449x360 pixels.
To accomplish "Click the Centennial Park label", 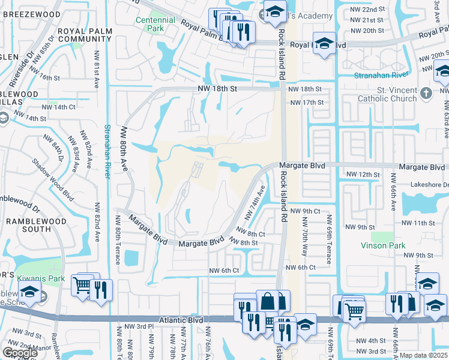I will tap(155, 24).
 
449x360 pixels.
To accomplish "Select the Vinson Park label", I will tap(383, 245).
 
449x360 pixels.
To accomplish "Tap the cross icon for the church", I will tap(426, 94).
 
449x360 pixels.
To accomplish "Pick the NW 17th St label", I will tap(306, 103).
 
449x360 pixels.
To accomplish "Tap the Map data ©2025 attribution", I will tap(423, 355).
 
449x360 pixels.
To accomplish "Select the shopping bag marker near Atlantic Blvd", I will tap(268, 299).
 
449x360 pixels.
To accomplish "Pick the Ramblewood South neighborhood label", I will tap(28, 224).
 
